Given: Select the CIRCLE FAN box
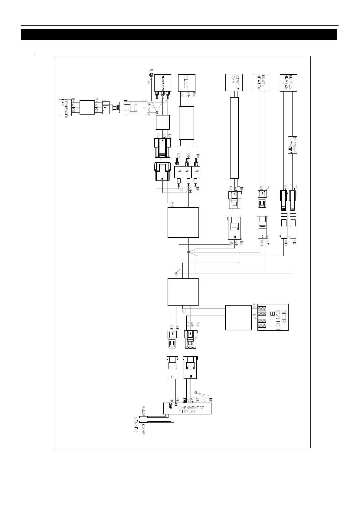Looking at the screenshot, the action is point(234,83).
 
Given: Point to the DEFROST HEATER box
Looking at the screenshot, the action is point(288,83).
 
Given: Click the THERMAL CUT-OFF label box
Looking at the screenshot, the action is point(292,145).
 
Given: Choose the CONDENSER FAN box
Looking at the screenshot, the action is point(64,107).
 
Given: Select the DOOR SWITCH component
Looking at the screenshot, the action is point(273,317).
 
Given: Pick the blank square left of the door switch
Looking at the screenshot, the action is point(238,317).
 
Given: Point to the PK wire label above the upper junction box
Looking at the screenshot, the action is point(172,204).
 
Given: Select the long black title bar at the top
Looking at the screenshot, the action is point(179,34).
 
